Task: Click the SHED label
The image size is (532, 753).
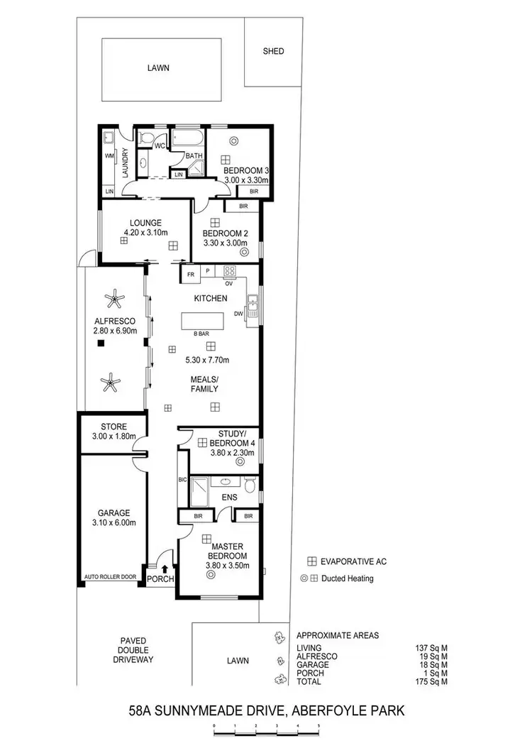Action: (x=273, y=51)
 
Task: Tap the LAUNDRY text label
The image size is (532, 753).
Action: (x=124, y=162)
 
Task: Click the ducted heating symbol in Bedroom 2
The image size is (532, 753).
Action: (x=245, y=251)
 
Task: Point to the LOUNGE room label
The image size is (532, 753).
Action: (x=145, y=223)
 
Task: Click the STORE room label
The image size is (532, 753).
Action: (x=113, y=427)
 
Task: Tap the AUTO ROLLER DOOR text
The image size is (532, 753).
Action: (x=110, y=577)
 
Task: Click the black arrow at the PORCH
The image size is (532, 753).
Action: (x=165, y=568)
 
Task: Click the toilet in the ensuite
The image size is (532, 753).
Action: (x=249, y=485)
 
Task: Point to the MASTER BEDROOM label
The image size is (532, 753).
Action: (x=227, y=550)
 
